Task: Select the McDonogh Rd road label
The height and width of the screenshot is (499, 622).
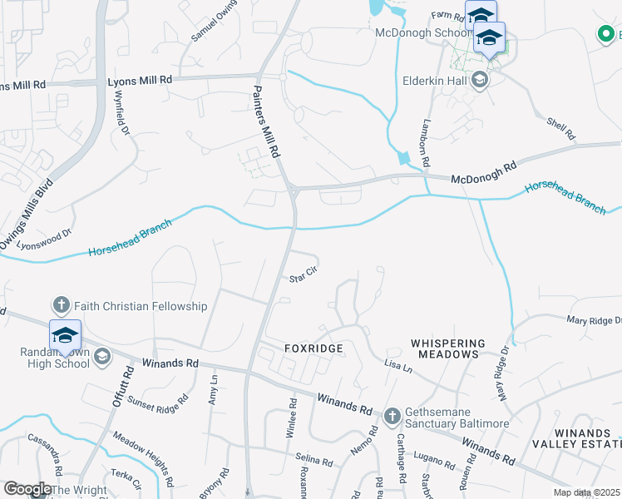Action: click(484, 172)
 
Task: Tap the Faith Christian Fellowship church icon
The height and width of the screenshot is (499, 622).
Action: click(62, 306)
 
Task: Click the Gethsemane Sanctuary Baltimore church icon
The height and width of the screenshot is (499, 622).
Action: click(392, 415)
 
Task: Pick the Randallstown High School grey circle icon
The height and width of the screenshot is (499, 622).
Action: click(102, 357)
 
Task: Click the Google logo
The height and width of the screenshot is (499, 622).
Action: click(27, 489)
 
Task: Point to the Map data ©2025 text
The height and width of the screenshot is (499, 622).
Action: click(585, 492)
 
